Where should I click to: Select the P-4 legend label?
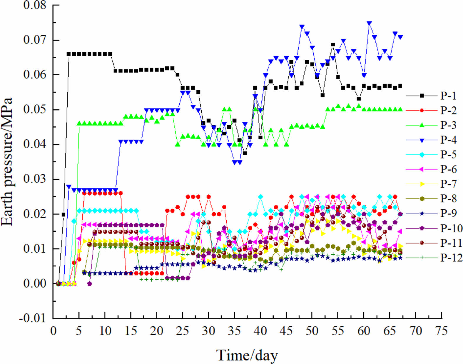(448, 140)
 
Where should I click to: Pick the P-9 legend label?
(448, 213)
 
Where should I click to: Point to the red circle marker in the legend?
(422, 111)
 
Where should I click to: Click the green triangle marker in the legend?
(422, 125)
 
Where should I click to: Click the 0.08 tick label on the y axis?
(35, 5)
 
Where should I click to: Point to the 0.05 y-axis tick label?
(35, 110)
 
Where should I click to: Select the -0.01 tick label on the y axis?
(33, 318)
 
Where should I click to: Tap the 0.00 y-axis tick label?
(35, 283)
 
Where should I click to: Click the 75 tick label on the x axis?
(442, 331)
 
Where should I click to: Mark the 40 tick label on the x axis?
(260, 331)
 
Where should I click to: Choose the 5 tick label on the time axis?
(79, 331)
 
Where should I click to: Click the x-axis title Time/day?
(247, 355)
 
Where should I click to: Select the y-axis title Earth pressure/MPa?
(7, 162)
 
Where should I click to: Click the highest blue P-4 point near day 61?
(369, 23)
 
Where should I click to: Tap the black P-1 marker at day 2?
(63, 214)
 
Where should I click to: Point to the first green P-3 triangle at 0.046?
(79, 123)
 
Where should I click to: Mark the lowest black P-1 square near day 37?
(245, 153)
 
